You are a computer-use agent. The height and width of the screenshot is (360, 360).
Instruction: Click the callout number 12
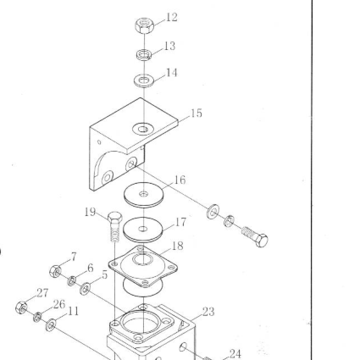pos(172,17)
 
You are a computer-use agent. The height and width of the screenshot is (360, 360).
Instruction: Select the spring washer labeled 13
pos(144,54)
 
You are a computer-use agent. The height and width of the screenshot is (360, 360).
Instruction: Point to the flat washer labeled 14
pos(144,80)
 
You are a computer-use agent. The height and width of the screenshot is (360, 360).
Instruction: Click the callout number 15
pos(197,114)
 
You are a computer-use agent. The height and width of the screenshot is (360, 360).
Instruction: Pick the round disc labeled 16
pos(144,195)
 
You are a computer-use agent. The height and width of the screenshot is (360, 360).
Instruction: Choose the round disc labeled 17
pos(143,230)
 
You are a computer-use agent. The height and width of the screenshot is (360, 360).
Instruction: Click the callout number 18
pos(177,246)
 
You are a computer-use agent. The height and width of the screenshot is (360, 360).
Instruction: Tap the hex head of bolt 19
pos(115,217)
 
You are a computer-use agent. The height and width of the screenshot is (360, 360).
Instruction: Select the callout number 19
pos(90,212)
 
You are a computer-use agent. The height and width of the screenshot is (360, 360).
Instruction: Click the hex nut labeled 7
pos(55,271)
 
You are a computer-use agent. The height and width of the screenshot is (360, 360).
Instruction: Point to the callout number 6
pos(91,268)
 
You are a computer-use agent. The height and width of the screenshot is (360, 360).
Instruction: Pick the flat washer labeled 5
pos(85,289)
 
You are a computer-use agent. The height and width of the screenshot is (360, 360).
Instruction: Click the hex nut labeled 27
pos(21,307)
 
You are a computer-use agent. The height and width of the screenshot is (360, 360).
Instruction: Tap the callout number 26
pos(59,304)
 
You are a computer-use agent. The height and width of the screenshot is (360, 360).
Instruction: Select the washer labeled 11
pos(51,325)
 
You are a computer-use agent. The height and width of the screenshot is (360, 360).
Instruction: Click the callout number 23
pos(208,312)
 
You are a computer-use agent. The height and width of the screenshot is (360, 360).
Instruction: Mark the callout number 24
pos(235,353)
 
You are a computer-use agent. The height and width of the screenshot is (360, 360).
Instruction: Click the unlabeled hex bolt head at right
pos(262,241)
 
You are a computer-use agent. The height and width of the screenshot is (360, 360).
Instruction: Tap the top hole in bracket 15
pos(143,130)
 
